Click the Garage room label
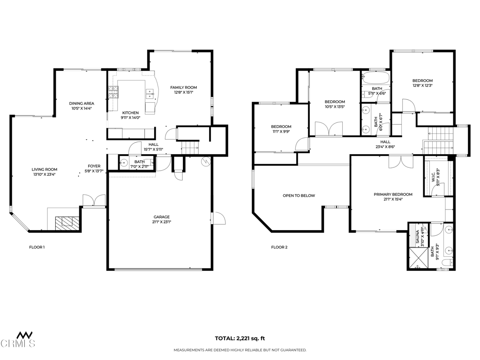pyautogui.click(x=161, y=217)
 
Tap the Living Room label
pyautogui.click(x=45, y=169)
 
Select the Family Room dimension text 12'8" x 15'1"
pyautogui.click(x=184, y=92)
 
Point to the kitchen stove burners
pyautogui.click(x=113, y=92)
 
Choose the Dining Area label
pyautogui.click(x=82, y=104)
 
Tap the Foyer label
pyautogui.click(x=94, y=166)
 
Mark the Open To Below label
pyautogui.click(x=299, y=195)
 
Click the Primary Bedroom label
pyautogui.click(x=393, y=195)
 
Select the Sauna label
pyautogui.click(x=417, y=237)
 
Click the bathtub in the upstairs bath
pyautogui.click(x=375, y=78)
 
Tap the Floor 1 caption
pyautogui.click(x=37, y=247)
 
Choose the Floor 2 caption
pyautogui.click(x=279, y=247)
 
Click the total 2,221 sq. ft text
pyautogui.click(x=240, y=338)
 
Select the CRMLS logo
pyautogui.click(x=17, y=339)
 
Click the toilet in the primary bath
pyautogui.click(x=449, y=263)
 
